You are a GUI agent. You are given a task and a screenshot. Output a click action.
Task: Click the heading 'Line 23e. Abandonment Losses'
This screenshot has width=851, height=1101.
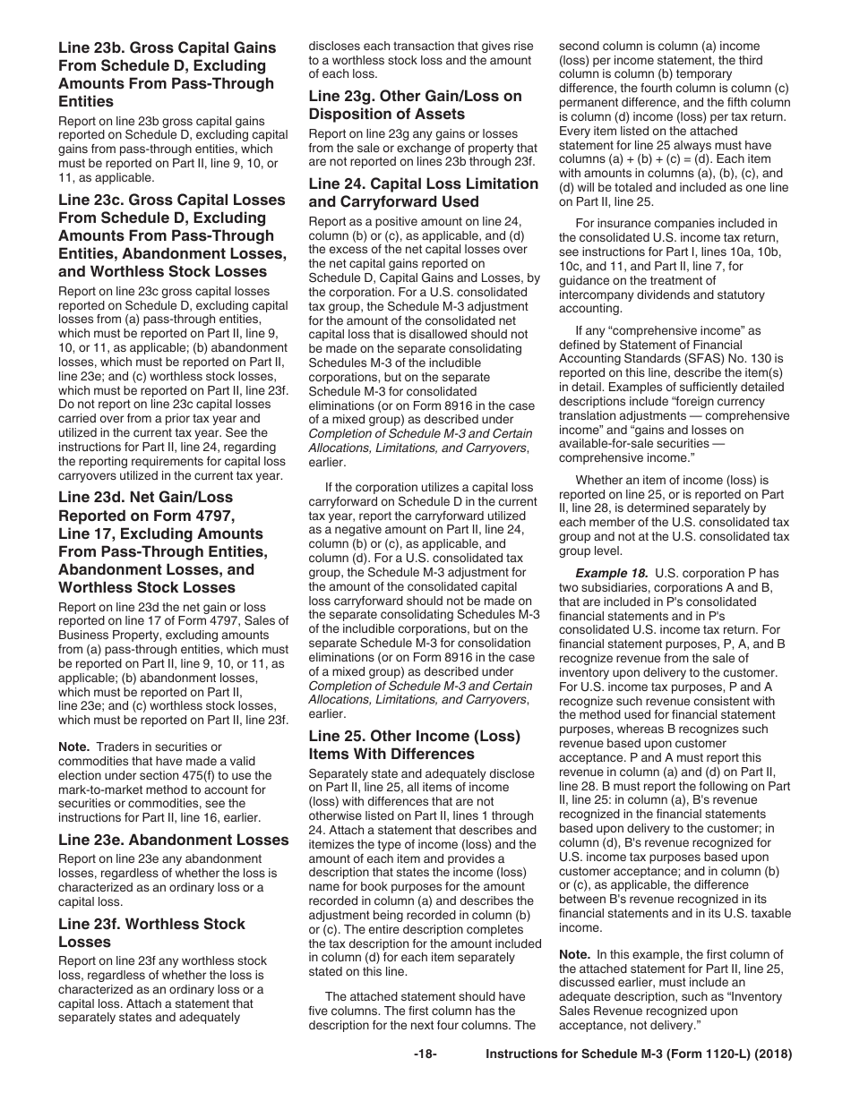pyautogui.click(x=173, y=840)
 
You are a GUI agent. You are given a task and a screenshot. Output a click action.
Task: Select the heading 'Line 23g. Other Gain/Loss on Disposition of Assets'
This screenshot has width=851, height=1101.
pyautogui.click(x=415, y=105)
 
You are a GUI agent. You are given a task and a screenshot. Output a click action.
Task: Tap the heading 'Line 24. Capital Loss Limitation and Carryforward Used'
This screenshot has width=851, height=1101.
pyautogui.click(x=424, y=192)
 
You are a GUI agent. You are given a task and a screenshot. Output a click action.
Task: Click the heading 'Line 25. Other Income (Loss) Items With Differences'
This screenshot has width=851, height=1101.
pyautogui.click(x=414, y=745)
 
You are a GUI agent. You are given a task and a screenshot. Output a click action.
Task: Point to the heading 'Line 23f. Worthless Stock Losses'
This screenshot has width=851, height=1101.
pyautogui.click(x=151, y=933)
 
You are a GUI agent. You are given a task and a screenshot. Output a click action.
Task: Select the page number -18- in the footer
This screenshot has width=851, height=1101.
pyautogui.click(x=425, y=1054)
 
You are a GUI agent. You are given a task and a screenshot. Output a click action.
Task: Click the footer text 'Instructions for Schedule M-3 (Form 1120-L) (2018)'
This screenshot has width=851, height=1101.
pyautogui.click(x=639, y=1054)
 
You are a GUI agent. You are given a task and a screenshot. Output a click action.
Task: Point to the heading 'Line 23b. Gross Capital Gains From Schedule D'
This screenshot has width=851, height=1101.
pyautogui.click(x=168, y=74)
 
